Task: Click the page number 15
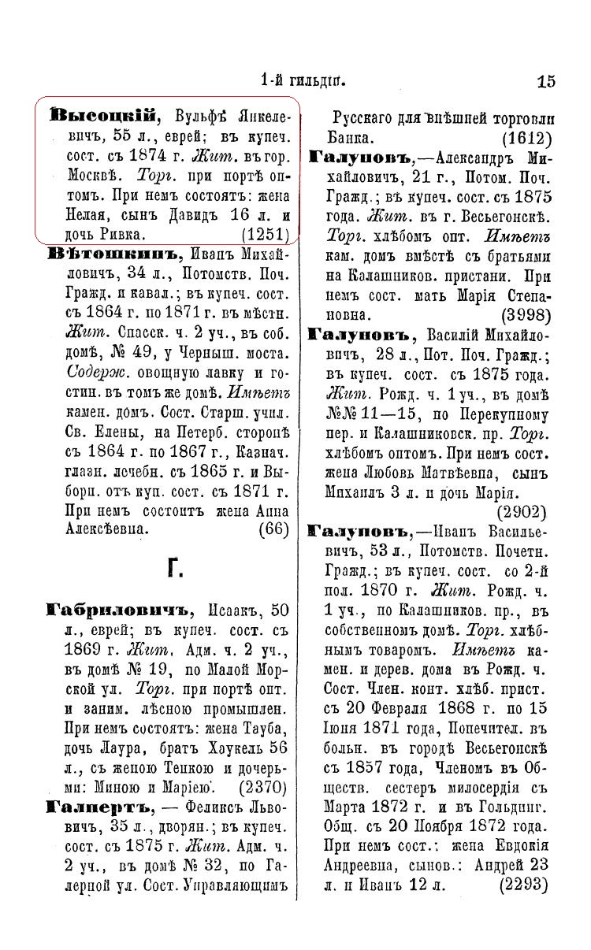pyautogui.click(x=546, y=80)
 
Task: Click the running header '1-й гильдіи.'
pyautogui.click(x=303, y=80)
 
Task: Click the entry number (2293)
pyautogui.click(x=524, y=885)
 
